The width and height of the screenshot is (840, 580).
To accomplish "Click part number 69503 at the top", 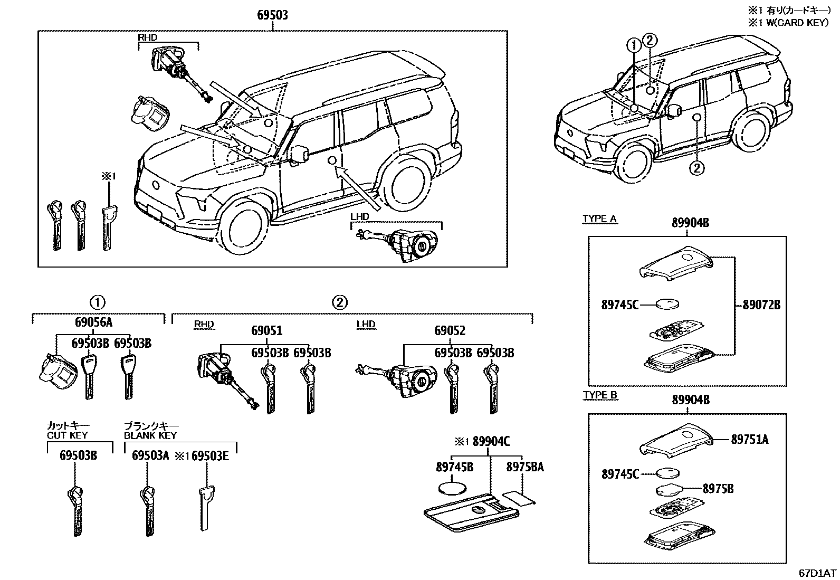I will point(272,15).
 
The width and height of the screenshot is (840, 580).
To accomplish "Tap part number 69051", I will point(266,331).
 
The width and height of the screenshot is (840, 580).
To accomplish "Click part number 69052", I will point(450,331).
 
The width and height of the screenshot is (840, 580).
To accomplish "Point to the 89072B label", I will point(761,305).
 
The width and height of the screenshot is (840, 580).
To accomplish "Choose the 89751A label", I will point(749,439).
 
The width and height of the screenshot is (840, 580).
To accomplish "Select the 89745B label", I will point(454,467).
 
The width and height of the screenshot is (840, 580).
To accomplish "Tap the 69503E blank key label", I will point(209,456).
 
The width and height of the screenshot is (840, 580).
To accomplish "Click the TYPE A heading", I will point(599,219).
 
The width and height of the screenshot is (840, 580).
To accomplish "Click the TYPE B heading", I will point(600,395).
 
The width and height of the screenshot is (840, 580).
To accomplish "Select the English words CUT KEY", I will point(67,435).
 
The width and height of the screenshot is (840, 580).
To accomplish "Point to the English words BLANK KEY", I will point(150,435).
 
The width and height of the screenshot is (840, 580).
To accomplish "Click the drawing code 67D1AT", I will point(817,573).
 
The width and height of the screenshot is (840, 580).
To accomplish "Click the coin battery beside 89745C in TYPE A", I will point(667,304).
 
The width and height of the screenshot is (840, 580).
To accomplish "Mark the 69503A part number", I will point(150,456).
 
